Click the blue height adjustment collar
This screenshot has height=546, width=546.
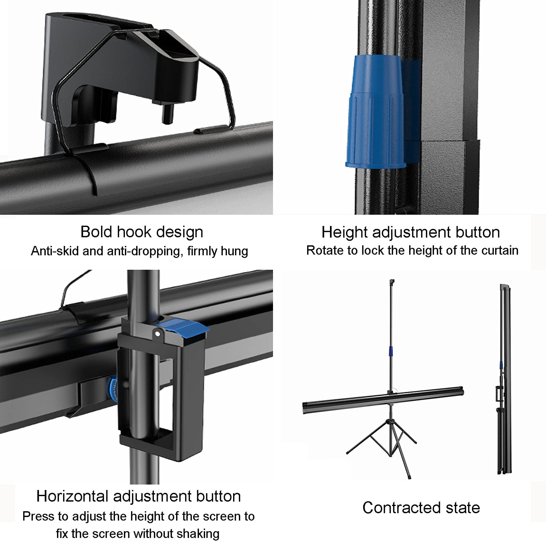coord(375,113)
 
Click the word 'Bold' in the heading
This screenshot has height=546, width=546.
coord(96,232)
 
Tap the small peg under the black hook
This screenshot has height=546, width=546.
coord(166,115)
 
